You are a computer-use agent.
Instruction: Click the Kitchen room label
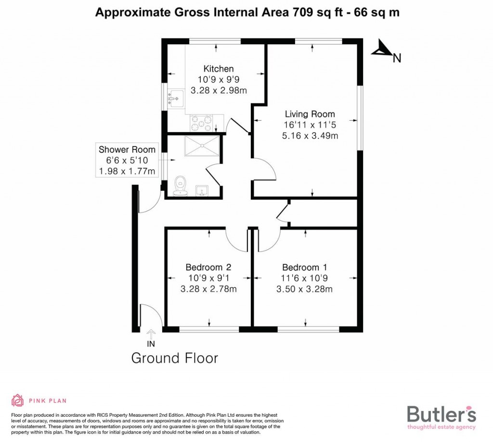[218, 69]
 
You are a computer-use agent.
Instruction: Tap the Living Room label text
[310, 114]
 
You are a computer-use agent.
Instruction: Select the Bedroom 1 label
[304, 267]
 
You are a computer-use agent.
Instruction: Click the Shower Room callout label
[127, 150]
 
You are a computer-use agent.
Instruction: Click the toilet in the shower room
[180, 186]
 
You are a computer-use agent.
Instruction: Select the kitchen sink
[175, 99]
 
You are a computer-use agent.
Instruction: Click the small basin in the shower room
[201, 191]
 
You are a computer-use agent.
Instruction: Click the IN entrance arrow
[151, 333]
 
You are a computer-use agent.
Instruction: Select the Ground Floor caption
[174, 358]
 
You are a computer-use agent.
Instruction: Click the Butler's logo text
[441, 414]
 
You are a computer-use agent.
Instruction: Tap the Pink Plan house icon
[17, 400]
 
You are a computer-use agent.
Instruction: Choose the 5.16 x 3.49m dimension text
[310, 136]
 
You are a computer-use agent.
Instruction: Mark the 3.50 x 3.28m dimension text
[304, 289]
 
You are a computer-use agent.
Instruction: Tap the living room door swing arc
[265, 169]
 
